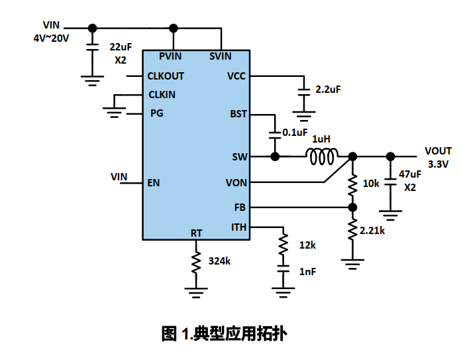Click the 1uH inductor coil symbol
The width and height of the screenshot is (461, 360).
[322, 156]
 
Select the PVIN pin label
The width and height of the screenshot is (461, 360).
[170, 56]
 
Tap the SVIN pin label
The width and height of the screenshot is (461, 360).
[221, 56]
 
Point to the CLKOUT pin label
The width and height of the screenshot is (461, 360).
[166, 76]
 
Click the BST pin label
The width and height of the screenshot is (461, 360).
[238, 114]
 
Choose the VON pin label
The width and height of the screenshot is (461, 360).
[236, 182]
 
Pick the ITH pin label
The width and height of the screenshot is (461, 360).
[238, 227]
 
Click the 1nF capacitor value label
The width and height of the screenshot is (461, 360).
[308, 272]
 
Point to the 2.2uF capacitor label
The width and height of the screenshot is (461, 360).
[329, 89]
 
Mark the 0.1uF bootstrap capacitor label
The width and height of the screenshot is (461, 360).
[295, 133]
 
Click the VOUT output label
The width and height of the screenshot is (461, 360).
[438, 151]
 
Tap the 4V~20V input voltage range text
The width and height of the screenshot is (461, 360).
[51, 38]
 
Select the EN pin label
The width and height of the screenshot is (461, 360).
[154, 182]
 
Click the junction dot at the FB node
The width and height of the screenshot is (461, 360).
[352, 207]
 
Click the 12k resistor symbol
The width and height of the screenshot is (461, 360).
[283, 245]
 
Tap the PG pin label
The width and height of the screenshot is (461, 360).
[156, 113]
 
